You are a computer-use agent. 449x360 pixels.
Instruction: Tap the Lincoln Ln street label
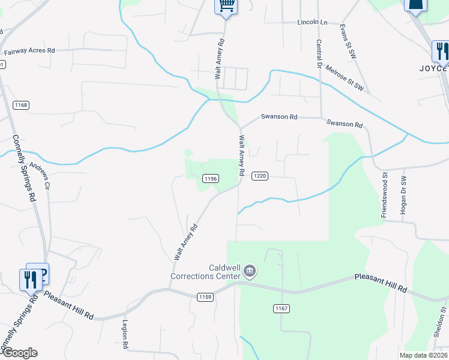(312, 22)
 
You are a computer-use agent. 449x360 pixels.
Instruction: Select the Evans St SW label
(344, 37)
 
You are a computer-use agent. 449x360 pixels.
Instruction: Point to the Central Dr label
(318, 53)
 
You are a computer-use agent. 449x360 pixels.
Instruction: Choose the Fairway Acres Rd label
(29, 52)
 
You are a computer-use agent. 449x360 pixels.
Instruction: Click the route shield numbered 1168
(21, 106)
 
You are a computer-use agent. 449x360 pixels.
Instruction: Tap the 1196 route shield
(210, 178)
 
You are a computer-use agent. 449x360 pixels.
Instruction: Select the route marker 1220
(259, 176)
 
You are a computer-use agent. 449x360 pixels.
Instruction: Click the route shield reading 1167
(282, 308)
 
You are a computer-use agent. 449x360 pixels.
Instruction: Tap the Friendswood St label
(384, 194)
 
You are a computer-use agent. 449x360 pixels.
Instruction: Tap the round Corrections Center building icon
(250, 272)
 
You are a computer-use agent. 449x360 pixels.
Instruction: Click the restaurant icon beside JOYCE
(441, 50)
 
